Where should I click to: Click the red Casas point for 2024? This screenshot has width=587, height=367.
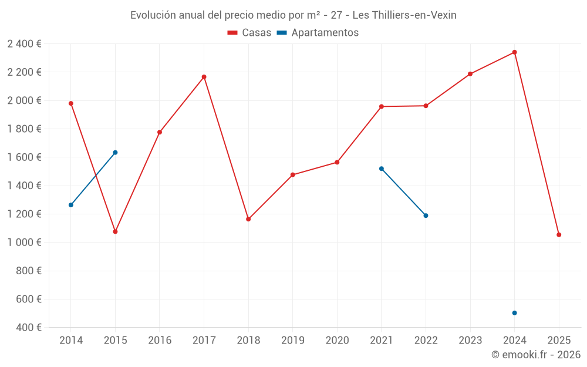(x=514, y=52)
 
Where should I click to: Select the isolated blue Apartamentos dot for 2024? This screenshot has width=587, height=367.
(x=514, y=313)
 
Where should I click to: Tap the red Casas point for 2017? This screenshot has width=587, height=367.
(x=204, y=77)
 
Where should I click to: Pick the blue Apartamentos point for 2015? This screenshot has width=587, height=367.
(x=115, y=153)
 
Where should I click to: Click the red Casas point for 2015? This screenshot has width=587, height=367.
(x=115, y=232)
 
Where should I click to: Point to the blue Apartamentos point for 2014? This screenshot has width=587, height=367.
(x=71, y=205)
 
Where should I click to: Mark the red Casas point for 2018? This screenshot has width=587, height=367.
(x=248, y=219)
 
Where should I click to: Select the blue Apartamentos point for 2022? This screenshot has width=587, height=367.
(x=426, y=216)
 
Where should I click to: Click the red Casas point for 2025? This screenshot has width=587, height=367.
(x=559, y=235)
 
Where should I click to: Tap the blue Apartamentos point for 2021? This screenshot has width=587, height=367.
(x=382, y=169)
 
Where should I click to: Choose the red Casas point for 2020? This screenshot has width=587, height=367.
(x=337, y=162)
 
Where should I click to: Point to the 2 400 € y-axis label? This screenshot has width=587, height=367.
(x=25, y=44)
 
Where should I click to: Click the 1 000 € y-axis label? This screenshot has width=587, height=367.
(x=25, y=243)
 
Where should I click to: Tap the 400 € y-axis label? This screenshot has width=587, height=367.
(x=28, y=328)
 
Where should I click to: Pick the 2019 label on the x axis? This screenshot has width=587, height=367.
(x=293, y=340)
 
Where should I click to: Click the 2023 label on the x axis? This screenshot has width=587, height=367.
(x=470, y=340)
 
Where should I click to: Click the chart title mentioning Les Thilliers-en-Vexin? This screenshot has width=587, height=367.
(x=293, y=15)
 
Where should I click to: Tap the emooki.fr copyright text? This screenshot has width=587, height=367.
(x=536, y=355)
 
